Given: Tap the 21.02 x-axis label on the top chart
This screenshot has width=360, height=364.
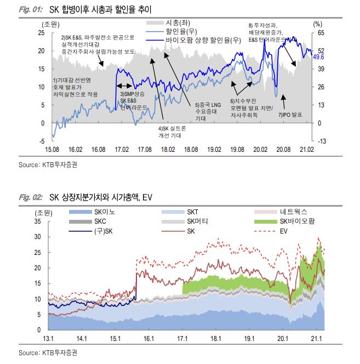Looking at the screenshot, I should tap(305, 149).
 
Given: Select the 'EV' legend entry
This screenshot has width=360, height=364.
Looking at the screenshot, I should tap(284, 231).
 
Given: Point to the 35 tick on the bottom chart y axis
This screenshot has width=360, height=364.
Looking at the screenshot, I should tap(38, 221).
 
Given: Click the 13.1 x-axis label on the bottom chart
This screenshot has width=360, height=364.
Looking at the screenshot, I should tap(49, 338).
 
